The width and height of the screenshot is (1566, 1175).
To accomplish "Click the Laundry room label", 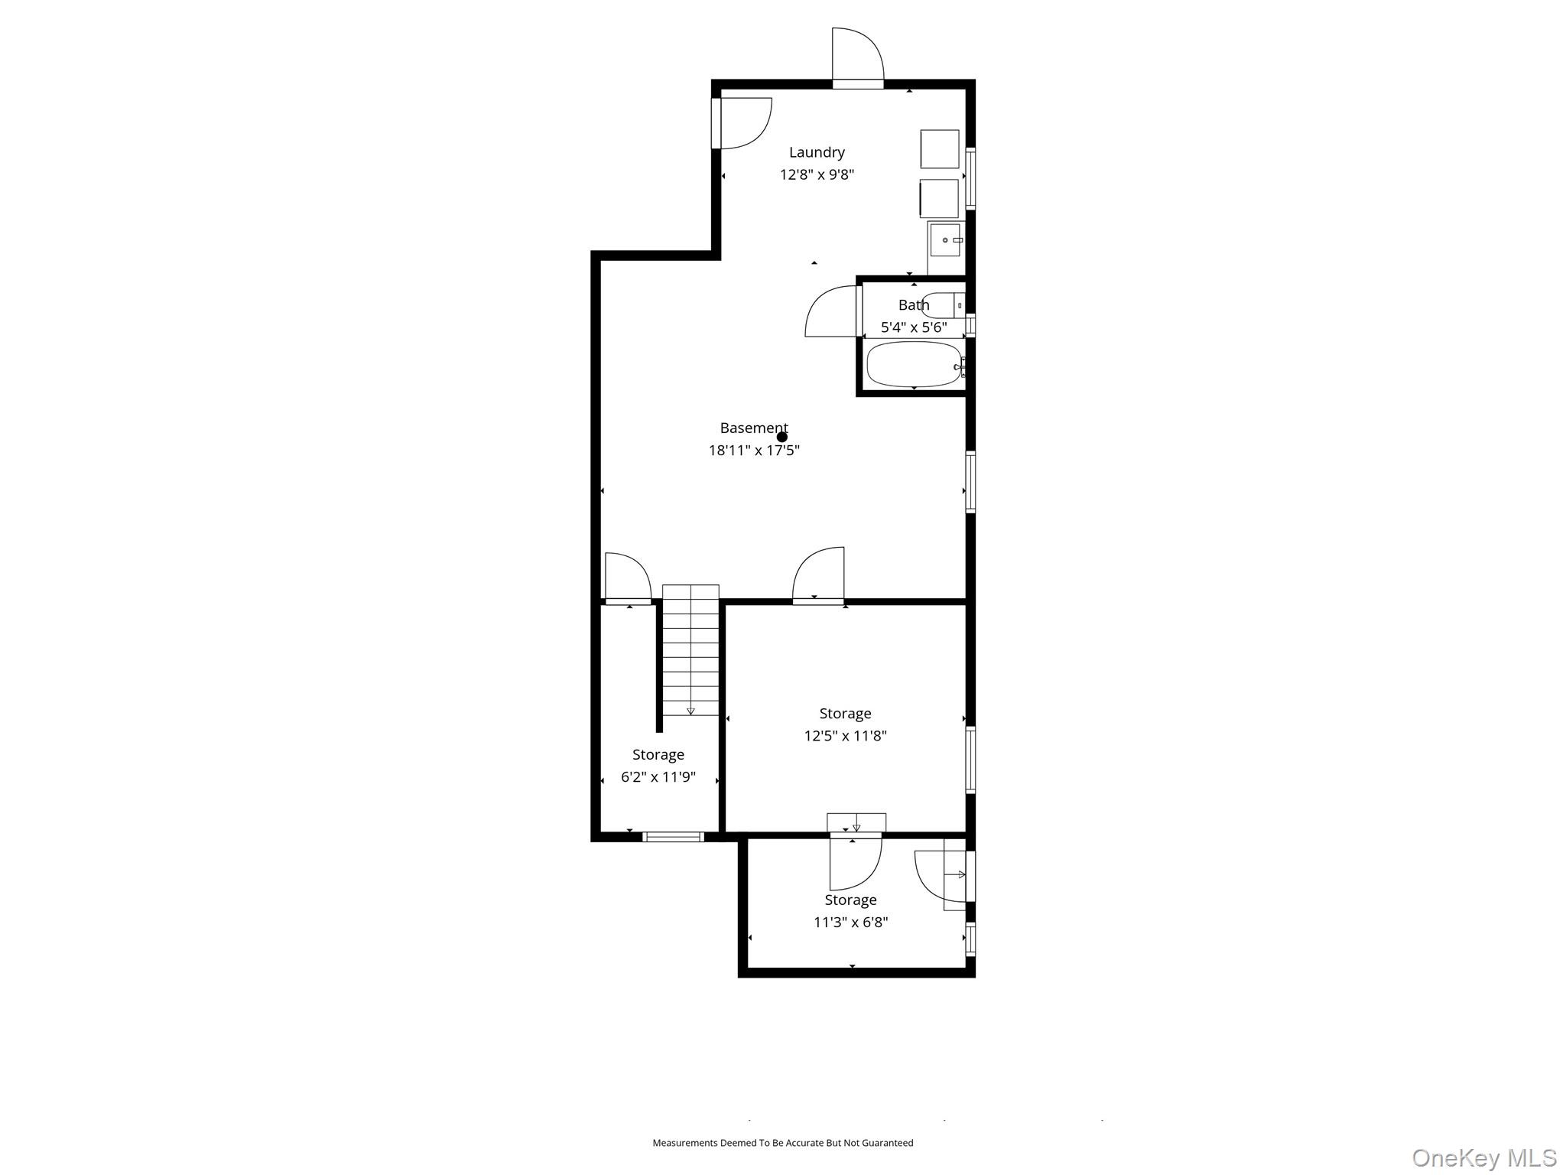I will point(817,152).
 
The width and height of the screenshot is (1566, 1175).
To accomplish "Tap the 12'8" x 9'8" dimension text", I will point(817,174).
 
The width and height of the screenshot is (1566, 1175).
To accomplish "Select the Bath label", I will point(914,305).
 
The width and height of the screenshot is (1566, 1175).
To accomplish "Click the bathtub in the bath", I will point(915,365).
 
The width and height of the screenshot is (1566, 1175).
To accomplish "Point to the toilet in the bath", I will point(943,305).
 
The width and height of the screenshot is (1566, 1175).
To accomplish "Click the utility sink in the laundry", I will point(946,240).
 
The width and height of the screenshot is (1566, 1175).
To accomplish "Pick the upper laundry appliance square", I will point(940,148).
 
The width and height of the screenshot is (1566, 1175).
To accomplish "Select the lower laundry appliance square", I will point(939,198).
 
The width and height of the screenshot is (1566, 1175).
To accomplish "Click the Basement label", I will point(753,428).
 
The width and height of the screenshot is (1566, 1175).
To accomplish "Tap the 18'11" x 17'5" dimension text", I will point(754,451).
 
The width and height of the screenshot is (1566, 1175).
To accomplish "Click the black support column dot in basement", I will point(782,438).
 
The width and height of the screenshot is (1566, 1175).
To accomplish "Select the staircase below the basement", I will point(690,650).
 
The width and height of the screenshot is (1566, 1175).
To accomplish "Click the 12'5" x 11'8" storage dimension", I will point(845,736).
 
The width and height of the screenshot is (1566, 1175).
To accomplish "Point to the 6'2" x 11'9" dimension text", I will point(658,777).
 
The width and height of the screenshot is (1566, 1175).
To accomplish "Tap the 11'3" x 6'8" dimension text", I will point(850,923).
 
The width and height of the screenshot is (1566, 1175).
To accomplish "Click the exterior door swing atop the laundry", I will point(857,55).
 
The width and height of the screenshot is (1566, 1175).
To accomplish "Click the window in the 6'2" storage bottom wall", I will point(673,837).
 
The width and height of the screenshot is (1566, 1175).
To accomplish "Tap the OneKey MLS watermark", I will point(1483,1157).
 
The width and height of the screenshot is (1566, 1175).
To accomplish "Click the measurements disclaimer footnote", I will point(782,1143).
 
